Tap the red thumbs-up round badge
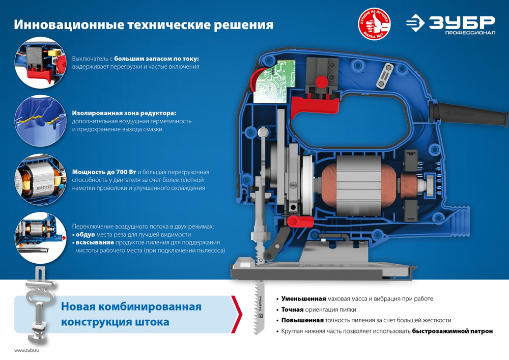(x=376, y=24)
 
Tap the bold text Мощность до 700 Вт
(x=103, y=172)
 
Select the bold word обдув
(x=85, y=234)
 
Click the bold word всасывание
(x=96, y=242)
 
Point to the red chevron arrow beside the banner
(x=236, y=314)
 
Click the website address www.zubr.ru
(x=26, y=350)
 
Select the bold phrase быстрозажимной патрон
(x=452, y=331)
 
